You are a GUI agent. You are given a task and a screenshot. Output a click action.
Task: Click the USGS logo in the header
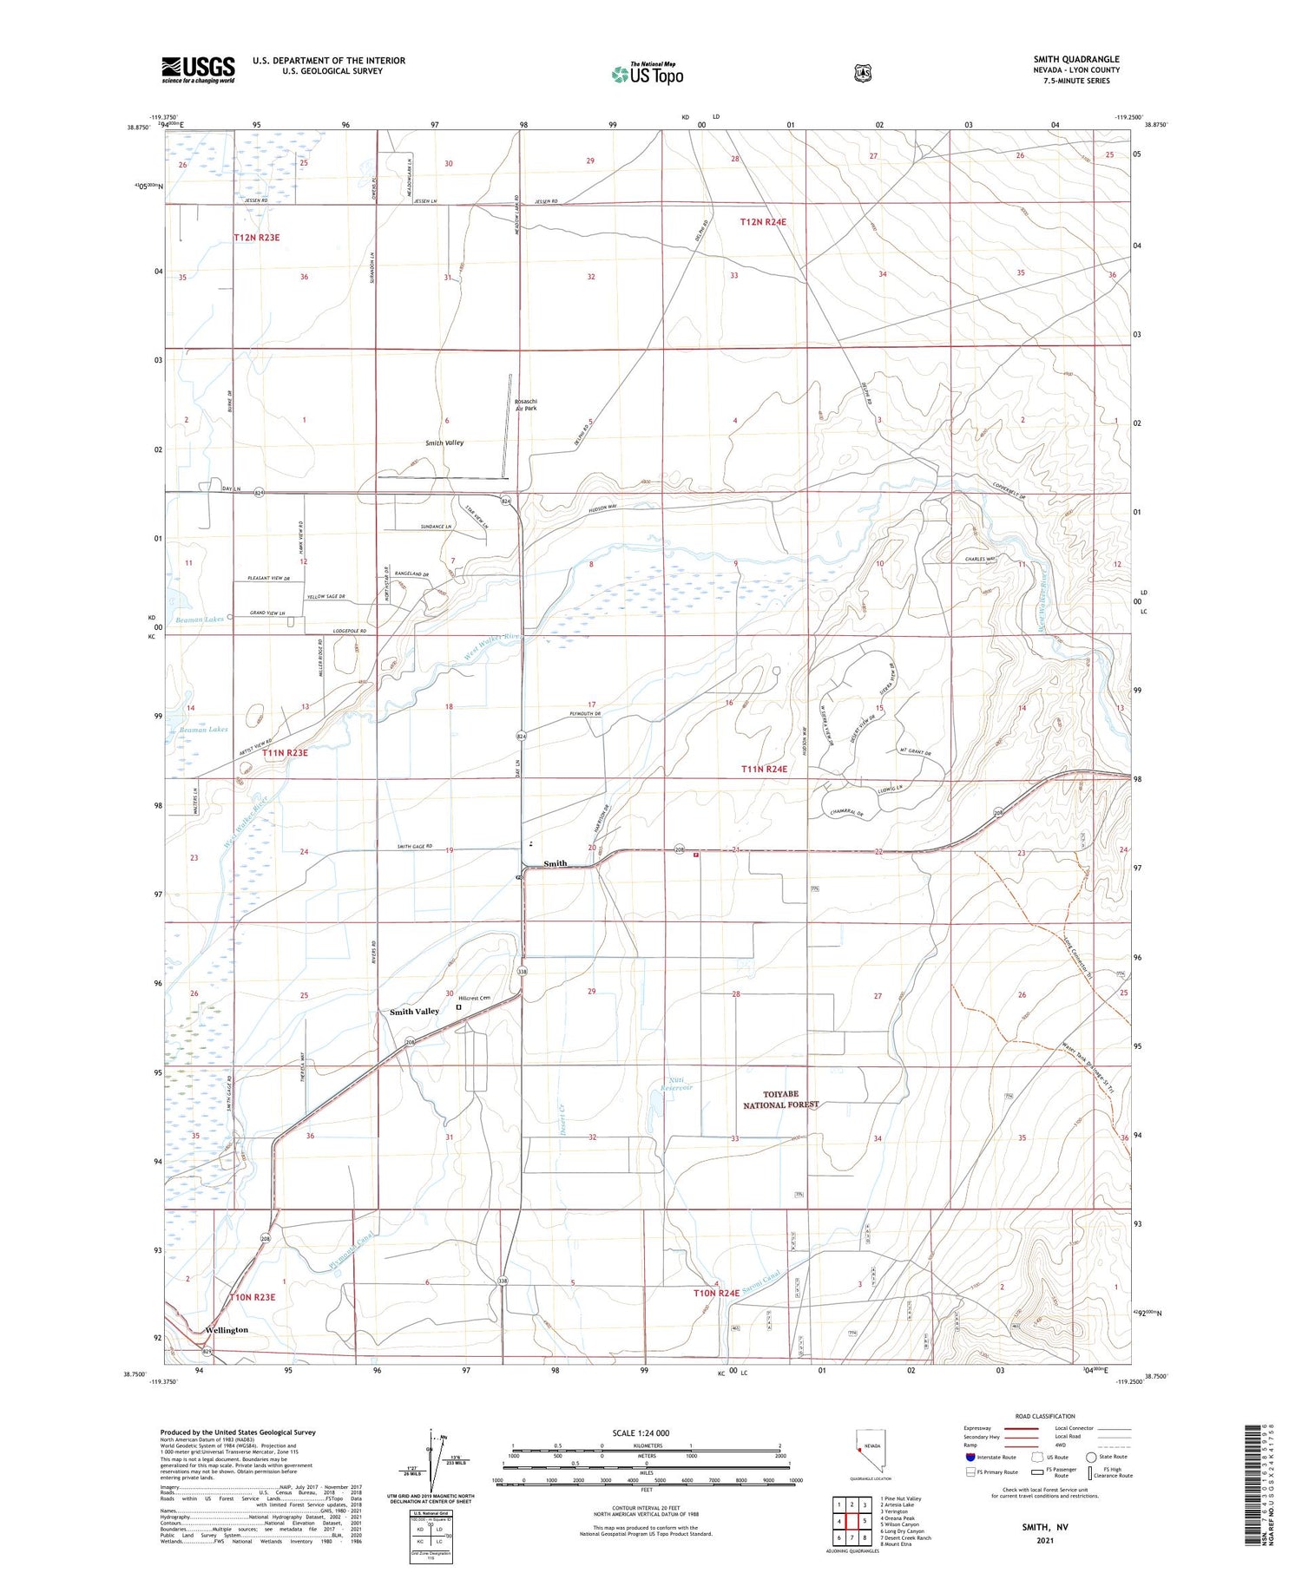click(198, 69)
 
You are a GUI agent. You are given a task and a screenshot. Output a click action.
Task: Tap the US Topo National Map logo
click(648, 75)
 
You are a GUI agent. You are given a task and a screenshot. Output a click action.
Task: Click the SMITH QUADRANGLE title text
click(1075, 59)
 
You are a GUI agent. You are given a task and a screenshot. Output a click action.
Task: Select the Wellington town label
click(227, 1329)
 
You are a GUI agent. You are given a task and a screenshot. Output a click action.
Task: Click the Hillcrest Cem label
click(475, 999)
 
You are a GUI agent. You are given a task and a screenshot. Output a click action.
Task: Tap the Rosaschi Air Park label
click(526, 404)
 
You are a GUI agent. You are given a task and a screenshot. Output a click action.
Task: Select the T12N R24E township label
click(763, 222)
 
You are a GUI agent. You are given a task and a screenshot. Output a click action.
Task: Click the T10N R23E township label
click(253, 1297)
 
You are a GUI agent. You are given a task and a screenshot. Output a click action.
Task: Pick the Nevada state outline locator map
click(868, 1447)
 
